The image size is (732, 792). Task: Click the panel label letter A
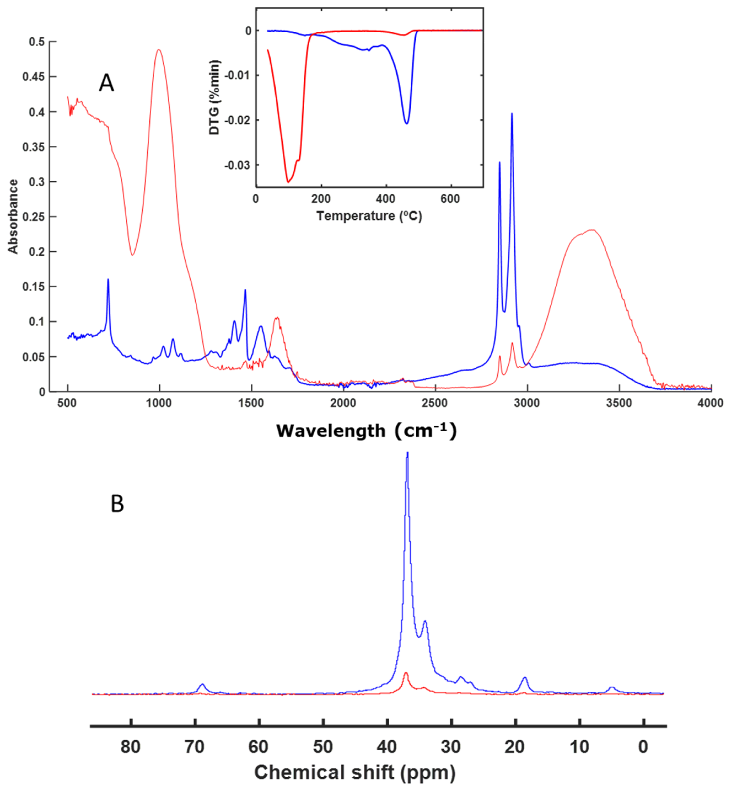[106, 83]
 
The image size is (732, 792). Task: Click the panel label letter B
[117, 504]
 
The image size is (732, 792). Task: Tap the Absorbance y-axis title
[13, 216]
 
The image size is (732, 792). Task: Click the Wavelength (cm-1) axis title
[366, 431]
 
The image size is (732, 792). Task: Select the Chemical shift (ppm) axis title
[354, 772]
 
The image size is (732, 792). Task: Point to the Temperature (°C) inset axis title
[369, 216]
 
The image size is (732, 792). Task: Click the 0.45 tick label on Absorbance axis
[33, 77]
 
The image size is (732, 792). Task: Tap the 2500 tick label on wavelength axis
[434, 403]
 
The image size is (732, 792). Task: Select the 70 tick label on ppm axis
[194, 747]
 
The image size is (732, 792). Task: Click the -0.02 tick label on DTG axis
[237, 120]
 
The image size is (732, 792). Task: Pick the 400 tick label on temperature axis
[385, 199]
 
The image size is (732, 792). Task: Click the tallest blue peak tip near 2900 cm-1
[512, 114]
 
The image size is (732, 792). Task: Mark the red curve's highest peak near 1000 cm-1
[159, 50]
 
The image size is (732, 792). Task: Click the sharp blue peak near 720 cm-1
[108, 280]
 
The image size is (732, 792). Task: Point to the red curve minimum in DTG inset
[288, 182]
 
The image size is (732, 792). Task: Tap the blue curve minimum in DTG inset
[406, 124]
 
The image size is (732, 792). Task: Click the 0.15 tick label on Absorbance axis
[33, 286]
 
